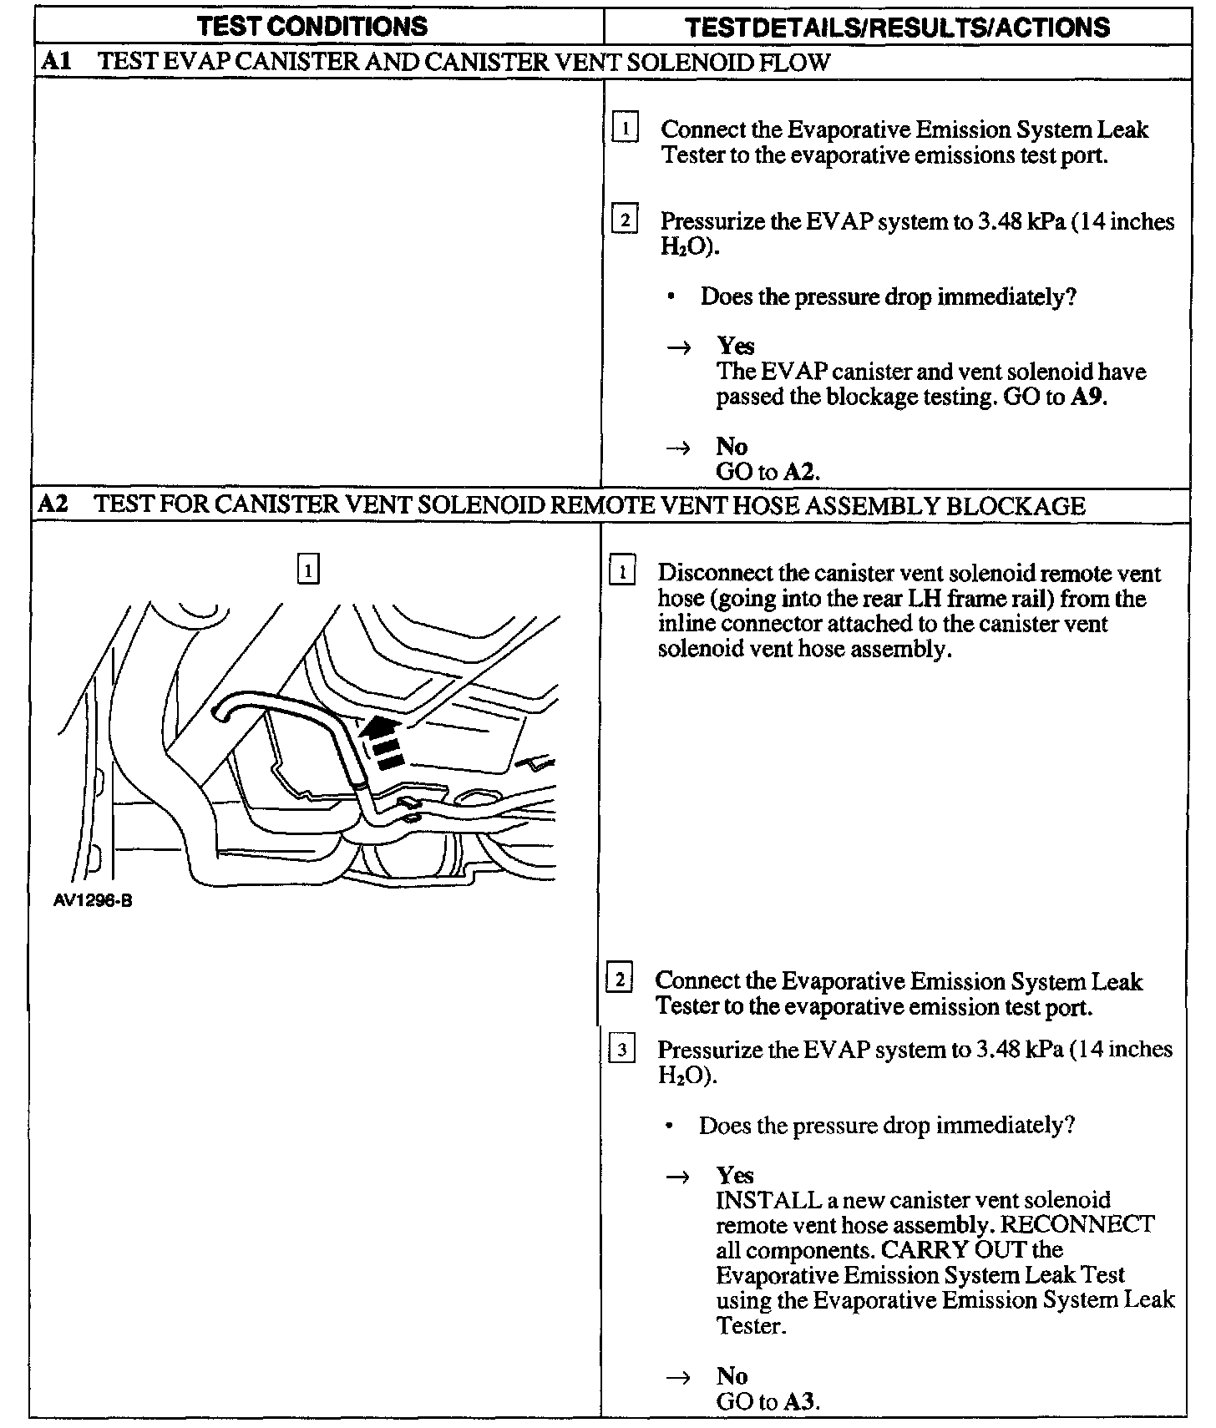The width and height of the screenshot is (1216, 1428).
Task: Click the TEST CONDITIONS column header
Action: point(312,26)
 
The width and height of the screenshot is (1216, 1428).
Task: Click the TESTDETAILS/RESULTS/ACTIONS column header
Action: point(898,28)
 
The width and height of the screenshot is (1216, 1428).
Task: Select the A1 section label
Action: point(55,63)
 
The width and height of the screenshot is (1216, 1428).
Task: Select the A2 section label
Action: point(54,505)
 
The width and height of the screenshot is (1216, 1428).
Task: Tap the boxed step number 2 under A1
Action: point(626,220)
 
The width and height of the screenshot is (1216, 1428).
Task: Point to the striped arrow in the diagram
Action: point(383,740)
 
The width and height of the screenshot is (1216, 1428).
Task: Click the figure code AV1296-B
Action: point(92,902)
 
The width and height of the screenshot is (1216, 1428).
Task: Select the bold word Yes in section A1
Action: point(735,346)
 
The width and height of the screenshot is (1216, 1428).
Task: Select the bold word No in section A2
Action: point(732,1375)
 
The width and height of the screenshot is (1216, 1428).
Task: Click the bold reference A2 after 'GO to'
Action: point(800,472)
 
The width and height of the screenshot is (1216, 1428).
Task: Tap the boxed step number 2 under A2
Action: point(620,980)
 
